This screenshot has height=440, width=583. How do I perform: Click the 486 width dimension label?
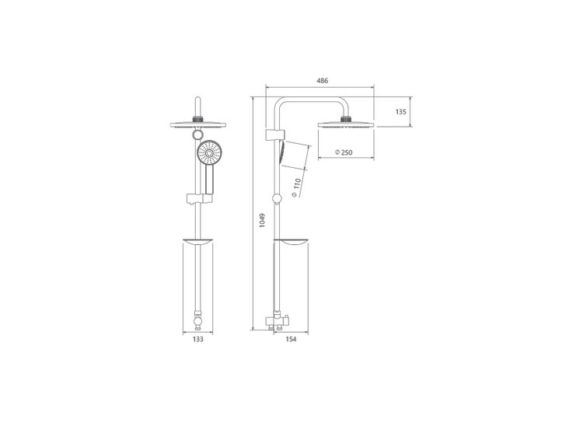pyautogui.click(x=323, y=80)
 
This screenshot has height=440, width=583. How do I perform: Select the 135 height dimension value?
pyautogui.click(x=401, y=112)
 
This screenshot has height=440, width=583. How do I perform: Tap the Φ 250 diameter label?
pyautogui.click(x=344, y=152)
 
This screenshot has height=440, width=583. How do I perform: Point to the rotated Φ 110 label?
pyautogui.click(x=296, y=187)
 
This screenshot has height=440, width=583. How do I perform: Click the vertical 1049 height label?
pyautogui.click(x=262, y=220)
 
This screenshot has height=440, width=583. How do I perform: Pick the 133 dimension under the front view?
pyautogui.click(x=198, y=339)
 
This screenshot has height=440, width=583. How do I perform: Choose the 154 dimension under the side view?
pyautogui.click(x=291, y=339)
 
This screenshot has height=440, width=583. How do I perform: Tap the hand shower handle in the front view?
pyautogui.click(x=210, y=180)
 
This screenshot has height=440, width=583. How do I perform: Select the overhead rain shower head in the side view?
pyautogui.click(x=346, y=124)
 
